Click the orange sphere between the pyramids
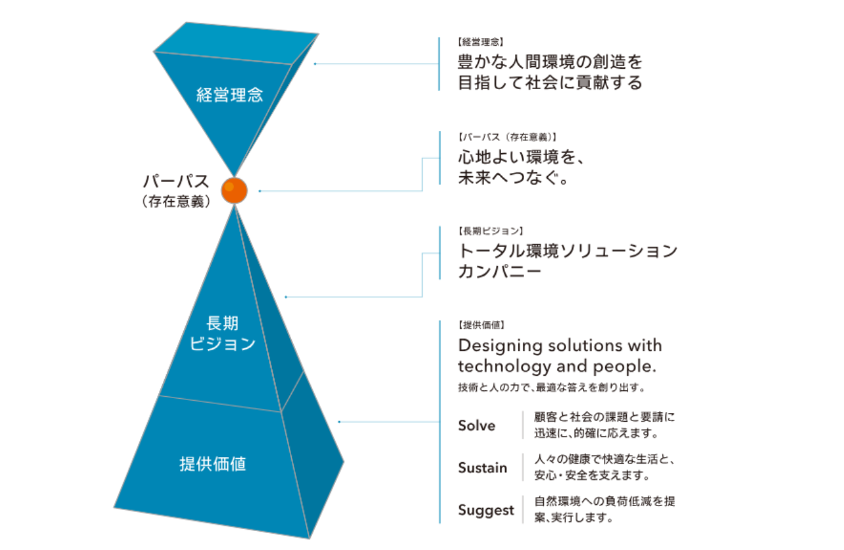pyautogui.click(x=234, y=190)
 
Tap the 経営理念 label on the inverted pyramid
pyautogui.click(x=230, y=95)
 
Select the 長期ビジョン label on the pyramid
pyautogui.click(x=222, y=333)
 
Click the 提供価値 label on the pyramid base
pyautogui.click(x=213, y=464)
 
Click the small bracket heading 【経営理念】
pyautogui.click(x=481, y=42)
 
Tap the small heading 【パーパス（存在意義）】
pyautogui.click(x=507, y=137)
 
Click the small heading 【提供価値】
pyautogui.click(x=481, y=325)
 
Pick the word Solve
pyautogui.click(x=476, y=426)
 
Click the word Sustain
pyautogui.click(x=482, y=467)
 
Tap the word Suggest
pyautogui.click(x=485, y=510)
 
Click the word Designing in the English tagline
pyautogui.click(x=501, y=346)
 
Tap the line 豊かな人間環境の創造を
pyautogui.click(x=550, y=63)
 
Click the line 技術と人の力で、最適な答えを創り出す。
pyautogui.click(x=552, y=388)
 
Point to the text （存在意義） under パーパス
pyautogui.click(x=175, y=202)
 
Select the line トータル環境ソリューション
pyautogui.click(x=567, y=251)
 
